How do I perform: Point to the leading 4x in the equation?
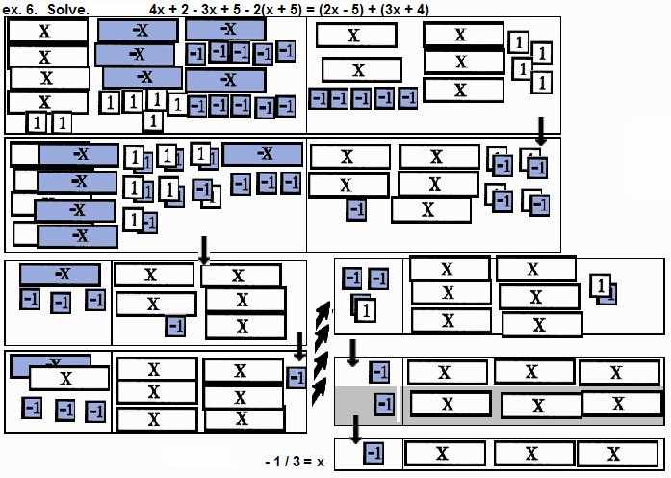(158, 9)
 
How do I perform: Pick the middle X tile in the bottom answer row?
(527, 453)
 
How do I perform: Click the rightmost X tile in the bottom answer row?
(610, 453)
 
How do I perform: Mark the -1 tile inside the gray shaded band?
(384, 404)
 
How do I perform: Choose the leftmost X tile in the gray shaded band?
(445, 404)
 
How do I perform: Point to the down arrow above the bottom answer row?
(355, 429)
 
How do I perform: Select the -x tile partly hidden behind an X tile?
(39, 363)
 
